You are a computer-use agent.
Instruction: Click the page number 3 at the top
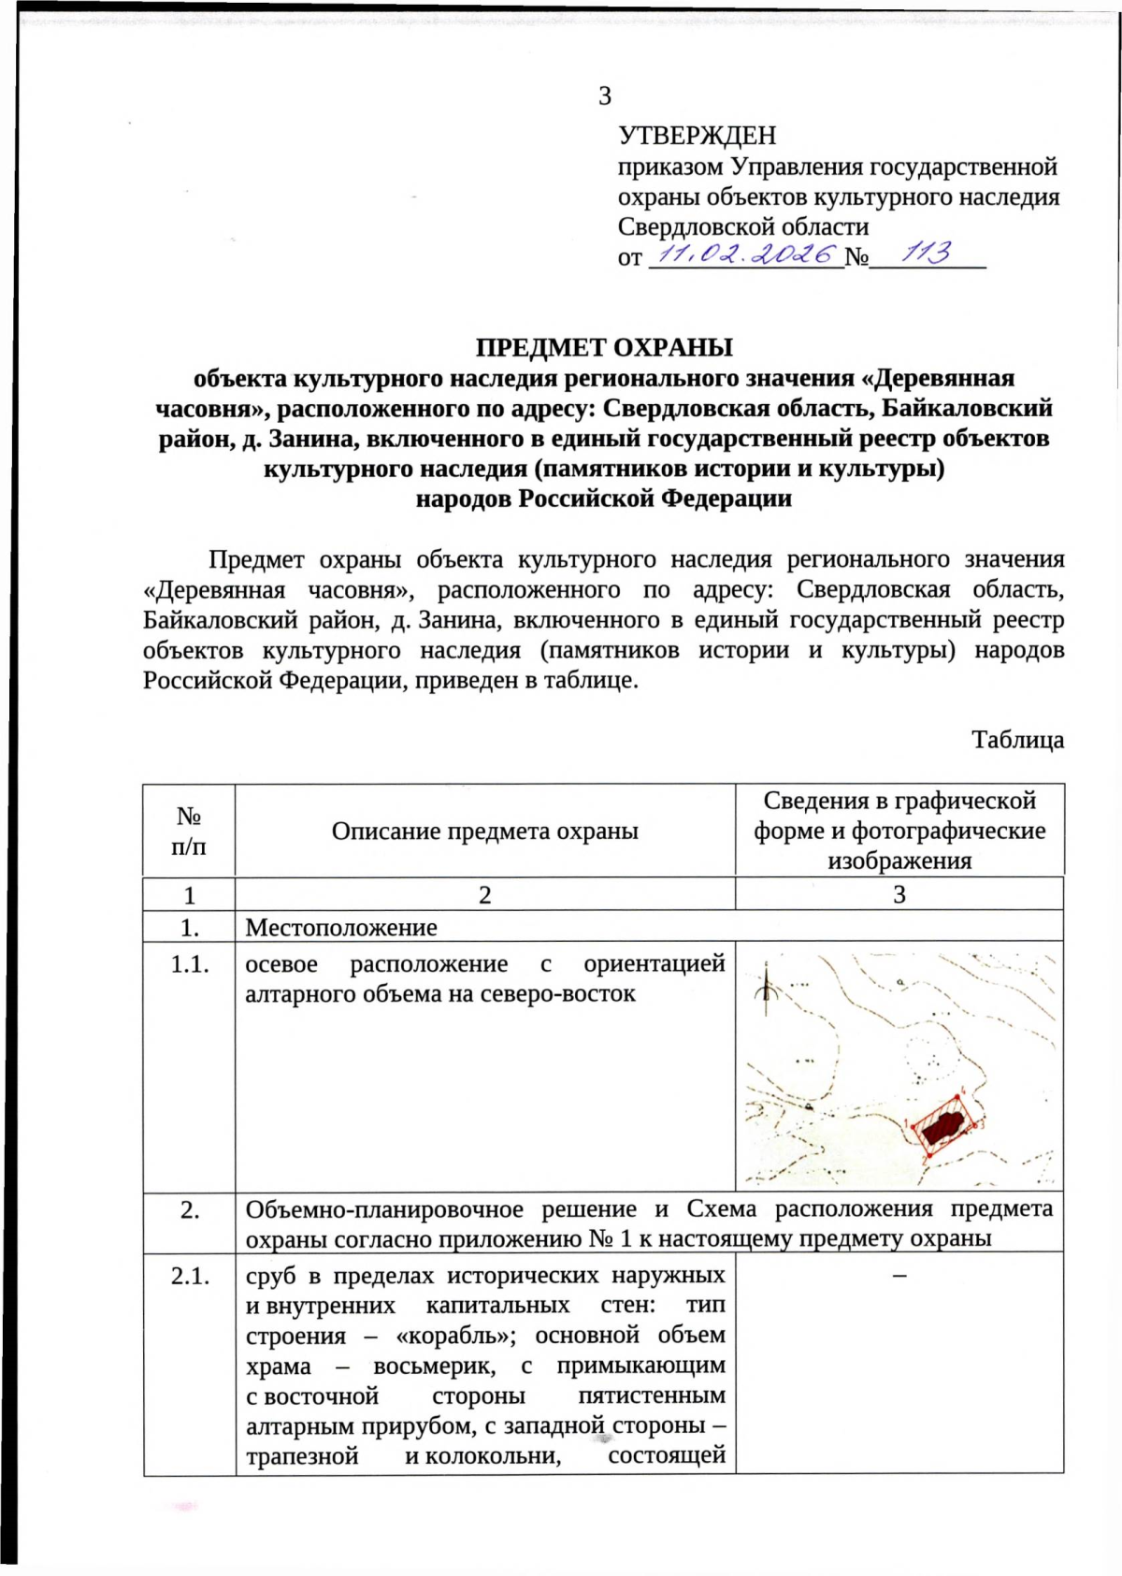pyautogui.click(x=605, y=96)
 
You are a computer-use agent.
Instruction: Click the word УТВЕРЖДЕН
pyautogui.click(x=697, y=136)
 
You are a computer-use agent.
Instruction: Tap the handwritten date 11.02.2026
pyautogui.click(x=745, y=254)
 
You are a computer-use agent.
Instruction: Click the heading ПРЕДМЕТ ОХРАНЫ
pyautogui.click(x=604, y=348)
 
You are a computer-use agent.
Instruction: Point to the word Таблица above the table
pyautogui.click(x=1017, y=740)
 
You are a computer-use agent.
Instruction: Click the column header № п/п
pyautogui.click(x=189, y=831)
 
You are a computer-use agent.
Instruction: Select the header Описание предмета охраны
pyautogui.click(x=484, y=831)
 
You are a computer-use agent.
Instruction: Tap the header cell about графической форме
pyautogui.click(x=899, y=830)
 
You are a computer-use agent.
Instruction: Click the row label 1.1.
pyautogui.click(x=189, y=964)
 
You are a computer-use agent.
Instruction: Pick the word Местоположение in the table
pyautogui.click(x=341, y=928)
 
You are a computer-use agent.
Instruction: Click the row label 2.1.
pyautogui.click(x=189, y=1276)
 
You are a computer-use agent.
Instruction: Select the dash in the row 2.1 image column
pyautogui.click(x=899, y=1276)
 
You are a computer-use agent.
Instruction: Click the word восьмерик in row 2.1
pyautogui.click(x=434, y=1366)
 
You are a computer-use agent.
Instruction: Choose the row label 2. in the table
pyautogui.click(x=189, y=1210)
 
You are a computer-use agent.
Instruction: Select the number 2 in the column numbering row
pyautogui.click(x=484, y=895)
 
